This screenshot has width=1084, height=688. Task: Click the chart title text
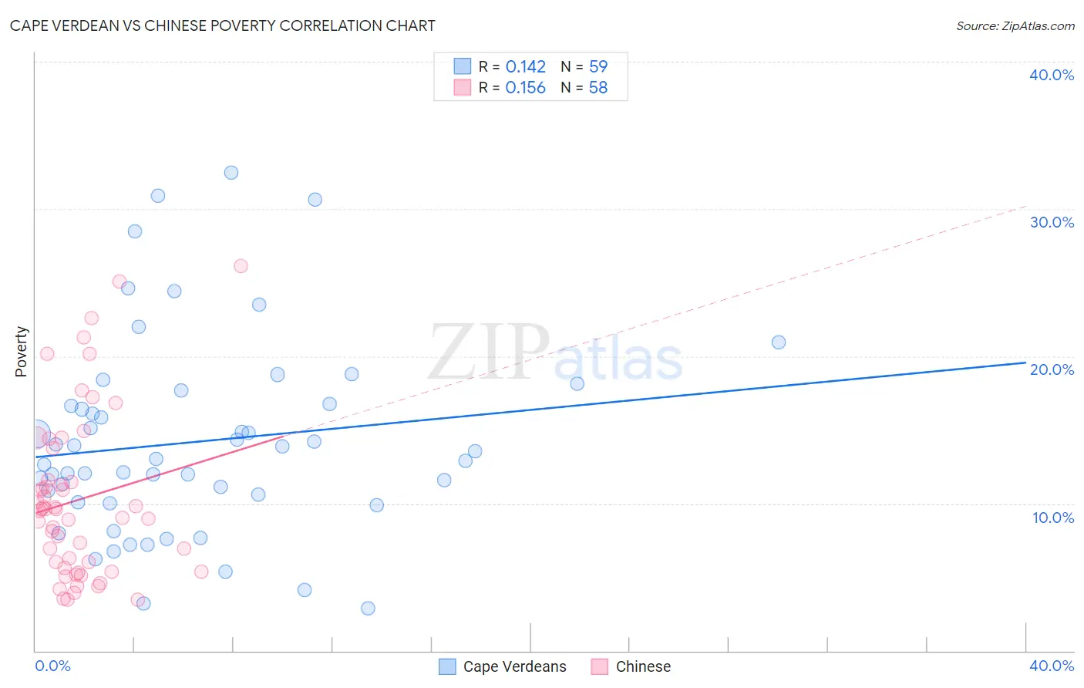222,25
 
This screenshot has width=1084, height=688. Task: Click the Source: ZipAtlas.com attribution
1015,26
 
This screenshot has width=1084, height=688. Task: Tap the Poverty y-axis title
21,352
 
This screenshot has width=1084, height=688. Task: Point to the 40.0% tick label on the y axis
1052,75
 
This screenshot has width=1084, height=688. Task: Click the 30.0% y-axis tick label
1052,222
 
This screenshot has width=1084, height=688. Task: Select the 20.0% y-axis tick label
1052,369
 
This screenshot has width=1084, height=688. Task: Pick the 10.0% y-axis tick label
1053,518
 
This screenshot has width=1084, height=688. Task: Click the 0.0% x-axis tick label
52,666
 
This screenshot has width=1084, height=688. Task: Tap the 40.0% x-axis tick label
1052,666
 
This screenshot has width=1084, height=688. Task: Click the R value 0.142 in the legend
525,67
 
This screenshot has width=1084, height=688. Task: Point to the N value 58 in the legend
598,88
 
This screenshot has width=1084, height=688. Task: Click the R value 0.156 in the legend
525,88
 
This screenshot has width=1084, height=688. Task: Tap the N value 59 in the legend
598,67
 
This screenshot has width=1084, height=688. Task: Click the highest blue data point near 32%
231,173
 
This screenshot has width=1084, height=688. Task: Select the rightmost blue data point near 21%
779,342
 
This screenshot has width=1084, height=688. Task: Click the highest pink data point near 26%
241,266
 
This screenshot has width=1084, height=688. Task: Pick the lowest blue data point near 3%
369,609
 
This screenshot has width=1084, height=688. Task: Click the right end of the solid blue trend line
1025,362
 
